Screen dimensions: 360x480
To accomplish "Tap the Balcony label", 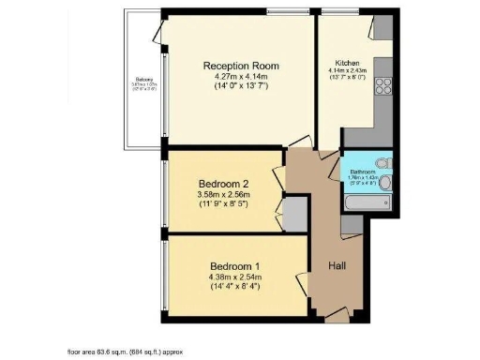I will pos(143,83).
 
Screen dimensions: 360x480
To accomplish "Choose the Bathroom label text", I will pos(363,172).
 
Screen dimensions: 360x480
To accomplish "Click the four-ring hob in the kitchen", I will pos(382,86).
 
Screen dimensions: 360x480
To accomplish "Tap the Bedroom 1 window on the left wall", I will pos(162,273).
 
